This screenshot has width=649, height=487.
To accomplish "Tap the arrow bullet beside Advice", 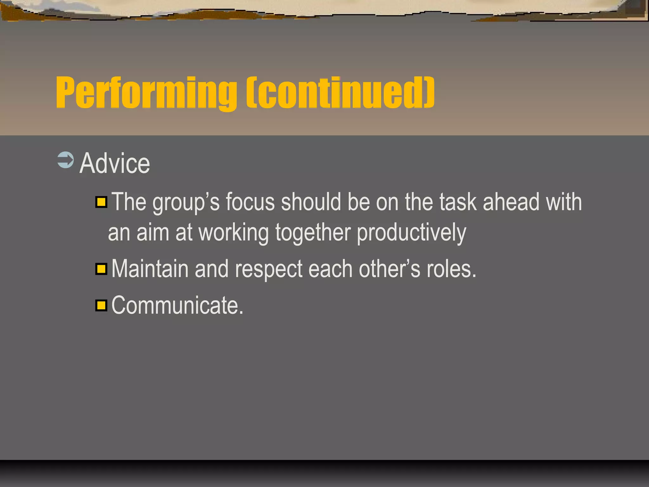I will (66, 160).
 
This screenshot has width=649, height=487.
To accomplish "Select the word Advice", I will (114, 163).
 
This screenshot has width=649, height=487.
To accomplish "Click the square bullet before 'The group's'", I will (101, 202).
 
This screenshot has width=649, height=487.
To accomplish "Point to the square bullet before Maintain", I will (101, 269).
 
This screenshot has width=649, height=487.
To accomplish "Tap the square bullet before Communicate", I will (101, 306).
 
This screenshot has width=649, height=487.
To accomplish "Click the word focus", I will (250, 202).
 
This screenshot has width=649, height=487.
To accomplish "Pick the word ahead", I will (511, 202).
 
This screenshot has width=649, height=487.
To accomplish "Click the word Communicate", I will (177, 306).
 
